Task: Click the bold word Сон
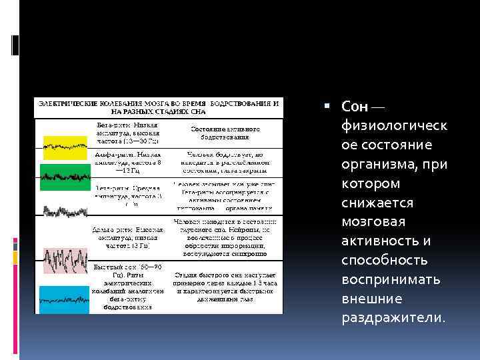tap(355, 107)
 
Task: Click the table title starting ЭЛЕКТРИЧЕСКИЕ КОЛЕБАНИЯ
tap(158, 109)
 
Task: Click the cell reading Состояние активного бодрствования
tap(225, 132)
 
